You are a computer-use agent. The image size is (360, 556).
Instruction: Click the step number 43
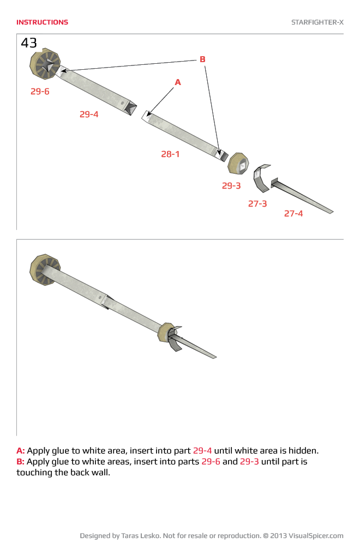29,43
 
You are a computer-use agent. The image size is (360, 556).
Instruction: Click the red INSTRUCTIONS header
42,22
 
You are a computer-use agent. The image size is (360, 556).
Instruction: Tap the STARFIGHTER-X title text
317,22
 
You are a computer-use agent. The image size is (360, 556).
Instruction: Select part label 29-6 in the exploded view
40,92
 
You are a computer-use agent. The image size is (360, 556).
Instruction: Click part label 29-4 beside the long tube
89,114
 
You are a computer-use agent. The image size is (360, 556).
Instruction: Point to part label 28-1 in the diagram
170,154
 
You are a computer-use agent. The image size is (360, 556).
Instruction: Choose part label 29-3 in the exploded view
231,186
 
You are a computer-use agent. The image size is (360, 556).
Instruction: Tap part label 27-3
257,204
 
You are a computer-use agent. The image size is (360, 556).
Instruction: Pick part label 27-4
293,214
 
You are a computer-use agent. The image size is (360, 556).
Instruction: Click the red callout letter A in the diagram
177,82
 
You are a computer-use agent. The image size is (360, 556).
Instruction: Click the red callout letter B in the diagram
202,59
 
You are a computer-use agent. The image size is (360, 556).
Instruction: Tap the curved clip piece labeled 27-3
262,178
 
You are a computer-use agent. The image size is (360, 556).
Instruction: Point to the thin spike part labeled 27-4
303,197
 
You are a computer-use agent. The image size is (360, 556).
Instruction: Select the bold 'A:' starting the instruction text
21,451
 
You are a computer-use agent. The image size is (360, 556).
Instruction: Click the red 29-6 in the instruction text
211,462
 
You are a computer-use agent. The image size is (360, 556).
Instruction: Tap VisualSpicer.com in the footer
316,536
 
